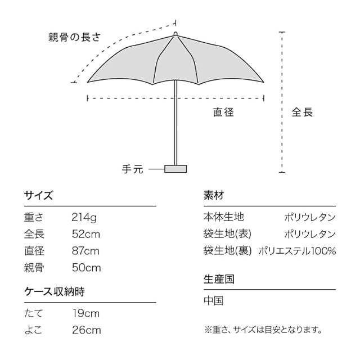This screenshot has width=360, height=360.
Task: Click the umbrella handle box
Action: [175, 168]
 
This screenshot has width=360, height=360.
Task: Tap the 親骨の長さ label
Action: [74, 38]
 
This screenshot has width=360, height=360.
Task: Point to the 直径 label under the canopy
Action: [223, 112]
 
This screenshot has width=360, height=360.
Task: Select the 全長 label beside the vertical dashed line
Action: [302, 112]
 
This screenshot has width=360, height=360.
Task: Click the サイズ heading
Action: [38, 196]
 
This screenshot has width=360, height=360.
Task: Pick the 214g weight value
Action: [84, 217]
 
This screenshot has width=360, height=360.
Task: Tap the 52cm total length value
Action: [85, 234]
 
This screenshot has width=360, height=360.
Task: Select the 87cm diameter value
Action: [85, 251]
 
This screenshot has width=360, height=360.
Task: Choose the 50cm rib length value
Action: [86, 268]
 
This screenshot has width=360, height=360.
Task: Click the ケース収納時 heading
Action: [55, 292]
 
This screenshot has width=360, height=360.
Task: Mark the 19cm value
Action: [85, 313]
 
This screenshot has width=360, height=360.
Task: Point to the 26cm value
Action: [86, 330]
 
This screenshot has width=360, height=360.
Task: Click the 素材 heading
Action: [214, 196]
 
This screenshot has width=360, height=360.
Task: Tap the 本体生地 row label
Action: [224, 217]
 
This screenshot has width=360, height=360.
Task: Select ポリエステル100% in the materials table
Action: [297, 251]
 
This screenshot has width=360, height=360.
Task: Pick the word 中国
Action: [214, 301]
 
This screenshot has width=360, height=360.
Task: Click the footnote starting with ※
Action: [263, 330]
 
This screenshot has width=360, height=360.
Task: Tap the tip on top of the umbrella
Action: [175, 34]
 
